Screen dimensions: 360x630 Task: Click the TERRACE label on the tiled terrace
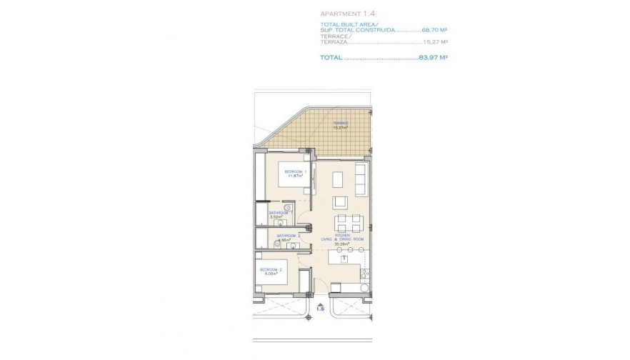(x=339, y=123)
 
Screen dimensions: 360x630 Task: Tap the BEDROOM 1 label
(x=295, y=171)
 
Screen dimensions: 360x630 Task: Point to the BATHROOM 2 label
(x=289, y=235)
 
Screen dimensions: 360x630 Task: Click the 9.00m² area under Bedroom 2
(x=270, y=273)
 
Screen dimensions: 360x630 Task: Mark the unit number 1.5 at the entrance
(x=321, y=309)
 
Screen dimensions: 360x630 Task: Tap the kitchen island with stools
(x=347, y=260)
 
